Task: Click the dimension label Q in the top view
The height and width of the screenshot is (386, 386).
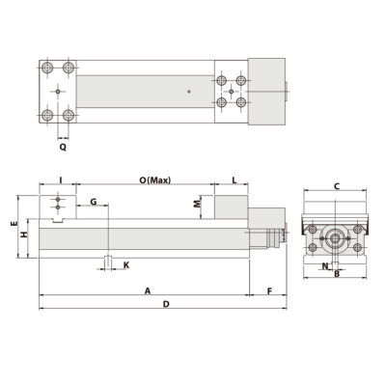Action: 63,149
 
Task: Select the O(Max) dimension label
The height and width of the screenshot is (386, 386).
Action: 154,180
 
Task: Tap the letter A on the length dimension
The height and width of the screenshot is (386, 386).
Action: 147,289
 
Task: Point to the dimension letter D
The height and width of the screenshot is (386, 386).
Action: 165,305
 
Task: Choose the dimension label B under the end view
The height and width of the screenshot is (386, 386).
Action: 335,273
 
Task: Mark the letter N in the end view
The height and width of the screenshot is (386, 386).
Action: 324,264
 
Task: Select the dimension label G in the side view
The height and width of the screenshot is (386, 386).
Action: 94,201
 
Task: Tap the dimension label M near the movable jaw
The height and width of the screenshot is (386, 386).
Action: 197,204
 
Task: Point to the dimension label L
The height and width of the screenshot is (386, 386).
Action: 234,180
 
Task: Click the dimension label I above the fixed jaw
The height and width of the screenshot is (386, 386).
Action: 61,180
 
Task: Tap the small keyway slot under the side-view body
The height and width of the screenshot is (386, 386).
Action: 109,262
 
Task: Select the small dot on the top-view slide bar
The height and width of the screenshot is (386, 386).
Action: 189,92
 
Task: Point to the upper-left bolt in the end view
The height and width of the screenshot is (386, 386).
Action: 314,228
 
